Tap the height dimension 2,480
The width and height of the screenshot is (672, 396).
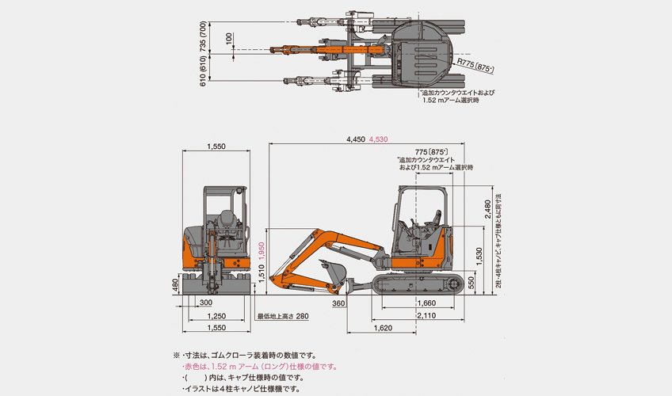pos(487,209)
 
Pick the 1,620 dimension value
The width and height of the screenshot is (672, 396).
pos(384,326)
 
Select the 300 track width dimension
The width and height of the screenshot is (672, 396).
pos(205,302)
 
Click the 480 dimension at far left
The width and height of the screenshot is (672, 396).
pos(176,284)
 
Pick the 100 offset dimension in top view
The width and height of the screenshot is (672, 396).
pos(229,37)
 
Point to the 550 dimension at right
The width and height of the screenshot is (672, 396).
pos(474,282)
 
